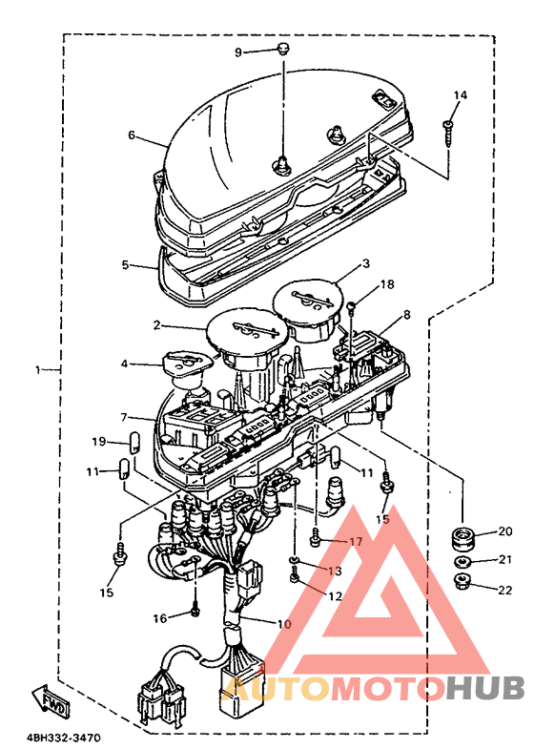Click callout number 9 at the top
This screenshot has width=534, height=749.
pos(238,52)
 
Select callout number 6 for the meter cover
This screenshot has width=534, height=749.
pos(132,135)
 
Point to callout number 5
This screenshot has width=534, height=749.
pos(126,264)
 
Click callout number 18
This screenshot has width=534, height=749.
pos(387,284)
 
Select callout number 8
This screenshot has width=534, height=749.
pos(406,314)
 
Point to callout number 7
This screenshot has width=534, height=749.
pos(124,418)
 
